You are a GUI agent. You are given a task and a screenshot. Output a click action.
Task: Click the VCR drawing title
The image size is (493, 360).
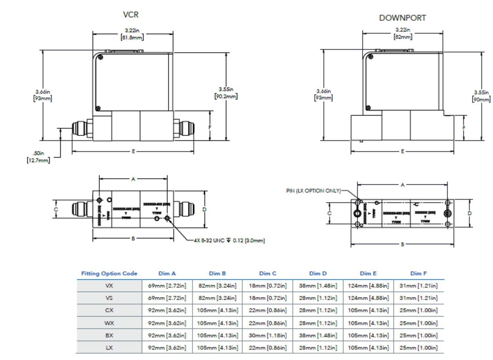(x=131, y=15)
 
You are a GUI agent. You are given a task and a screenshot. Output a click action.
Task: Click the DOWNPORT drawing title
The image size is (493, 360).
(x=402, y=18)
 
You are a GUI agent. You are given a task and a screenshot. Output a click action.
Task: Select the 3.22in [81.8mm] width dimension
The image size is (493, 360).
(x=132, y=34)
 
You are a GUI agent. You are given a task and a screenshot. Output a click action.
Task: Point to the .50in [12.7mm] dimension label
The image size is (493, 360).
(x=38, y=157)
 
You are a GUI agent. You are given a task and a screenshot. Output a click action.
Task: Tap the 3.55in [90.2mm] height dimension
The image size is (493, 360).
(x=226, y=93)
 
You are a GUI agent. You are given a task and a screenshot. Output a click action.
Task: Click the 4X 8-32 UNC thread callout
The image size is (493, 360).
(x=229, y=240)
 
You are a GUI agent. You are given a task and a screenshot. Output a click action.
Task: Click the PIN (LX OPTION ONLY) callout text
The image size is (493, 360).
(x=313, y=191)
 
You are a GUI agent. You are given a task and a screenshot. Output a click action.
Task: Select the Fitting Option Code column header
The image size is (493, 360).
(x=109, y=273)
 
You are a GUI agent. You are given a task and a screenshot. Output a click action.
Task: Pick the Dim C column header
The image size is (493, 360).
(x=268, y=273)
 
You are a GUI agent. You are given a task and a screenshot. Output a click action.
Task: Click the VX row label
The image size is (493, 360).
(x=109, y=286)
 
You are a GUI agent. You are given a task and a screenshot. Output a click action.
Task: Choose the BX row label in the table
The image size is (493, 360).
(x=109, y=335)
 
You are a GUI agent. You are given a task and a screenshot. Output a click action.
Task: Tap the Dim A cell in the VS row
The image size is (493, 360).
(x=167, y=298)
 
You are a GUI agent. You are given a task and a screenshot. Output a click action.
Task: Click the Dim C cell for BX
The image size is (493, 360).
(x=268, y=335)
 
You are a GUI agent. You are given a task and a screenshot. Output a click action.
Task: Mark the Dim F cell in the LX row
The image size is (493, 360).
(x=418, y=348)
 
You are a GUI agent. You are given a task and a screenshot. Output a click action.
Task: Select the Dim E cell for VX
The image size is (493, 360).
(x=368, y=286)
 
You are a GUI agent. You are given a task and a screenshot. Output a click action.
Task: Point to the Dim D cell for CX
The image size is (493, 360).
(x=318, y=310)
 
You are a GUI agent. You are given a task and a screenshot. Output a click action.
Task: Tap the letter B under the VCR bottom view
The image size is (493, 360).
(x=133, y=238)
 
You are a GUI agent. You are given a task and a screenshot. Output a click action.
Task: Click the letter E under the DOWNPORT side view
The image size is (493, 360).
(x=402, y=151)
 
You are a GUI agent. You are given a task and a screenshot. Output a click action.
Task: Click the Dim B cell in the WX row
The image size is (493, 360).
(x=217, y=323)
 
